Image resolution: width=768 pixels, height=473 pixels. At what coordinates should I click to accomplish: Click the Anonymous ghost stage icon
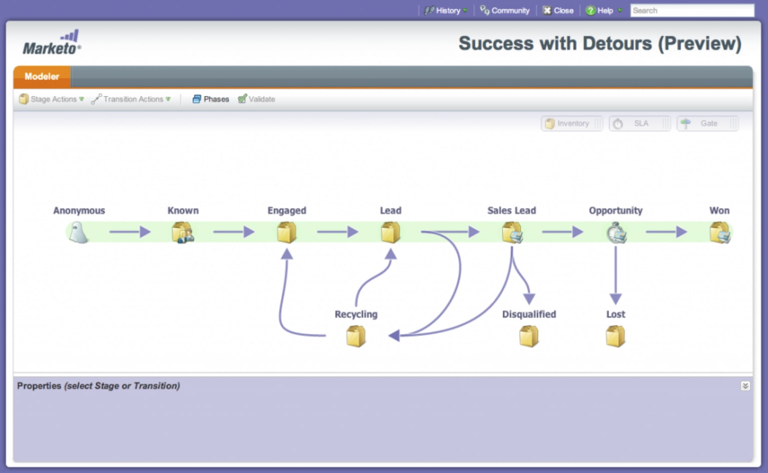[x=79, y=232]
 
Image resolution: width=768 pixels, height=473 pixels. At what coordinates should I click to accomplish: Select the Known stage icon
[x=183, y=232]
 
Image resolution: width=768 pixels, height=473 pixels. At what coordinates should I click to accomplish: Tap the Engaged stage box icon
[x=287, y=232]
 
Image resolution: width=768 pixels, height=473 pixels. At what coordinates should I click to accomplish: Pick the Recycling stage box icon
[x=356, y=336]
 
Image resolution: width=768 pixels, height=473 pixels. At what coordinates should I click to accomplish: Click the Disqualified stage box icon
[x=529, y=336]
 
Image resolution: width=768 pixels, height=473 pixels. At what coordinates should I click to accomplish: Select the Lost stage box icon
[x=615, y=336]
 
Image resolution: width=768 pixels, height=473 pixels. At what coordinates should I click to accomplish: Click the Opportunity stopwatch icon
[x=616, y=233]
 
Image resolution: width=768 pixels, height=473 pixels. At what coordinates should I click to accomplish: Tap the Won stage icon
[x=720, y=232]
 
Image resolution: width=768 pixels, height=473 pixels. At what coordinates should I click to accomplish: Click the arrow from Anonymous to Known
[x=130, y=231]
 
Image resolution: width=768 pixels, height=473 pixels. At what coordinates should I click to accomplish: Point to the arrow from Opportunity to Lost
[x=616, y=275]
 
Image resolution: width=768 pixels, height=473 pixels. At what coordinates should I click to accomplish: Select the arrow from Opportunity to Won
[x=666, y=231]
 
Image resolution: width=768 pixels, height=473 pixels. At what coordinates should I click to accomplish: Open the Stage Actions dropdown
[x=52, y=99]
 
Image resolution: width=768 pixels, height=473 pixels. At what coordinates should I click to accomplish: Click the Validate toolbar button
[x=257, y=99]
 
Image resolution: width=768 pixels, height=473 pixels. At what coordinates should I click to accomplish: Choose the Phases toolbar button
[x=211, y=99]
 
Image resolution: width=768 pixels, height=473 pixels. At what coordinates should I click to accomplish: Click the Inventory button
[x=572, y=123]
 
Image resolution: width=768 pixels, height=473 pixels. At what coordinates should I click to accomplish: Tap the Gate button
[x=707, y=123]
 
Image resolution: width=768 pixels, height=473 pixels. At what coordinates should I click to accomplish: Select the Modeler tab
[x=42, y=76]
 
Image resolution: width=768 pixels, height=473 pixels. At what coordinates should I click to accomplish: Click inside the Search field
[x=692, y=10]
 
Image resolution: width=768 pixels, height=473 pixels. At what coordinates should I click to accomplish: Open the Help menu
[x=604, y=10]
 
